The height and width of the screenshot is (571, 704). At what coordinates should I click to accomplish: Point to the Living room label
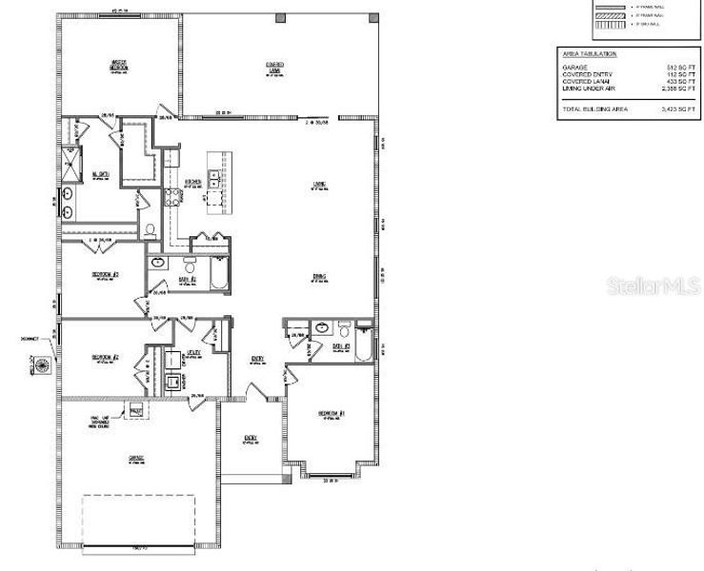pos(320,185)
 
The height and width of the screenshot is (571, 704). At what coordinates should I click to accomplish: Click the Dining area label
pos(319,277)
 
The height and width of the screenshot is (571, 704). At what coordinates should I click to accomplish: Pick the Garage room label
pos(136,459)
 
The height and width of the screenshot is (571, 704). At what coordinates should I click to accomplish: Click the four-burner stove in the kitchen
pos(174,198)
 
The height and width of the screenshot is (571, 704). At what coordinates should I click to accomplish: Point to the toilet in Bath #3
pos(344,330)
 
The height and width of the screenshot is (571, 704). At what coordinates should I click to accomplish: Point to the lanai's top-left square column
pos(187,18)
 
